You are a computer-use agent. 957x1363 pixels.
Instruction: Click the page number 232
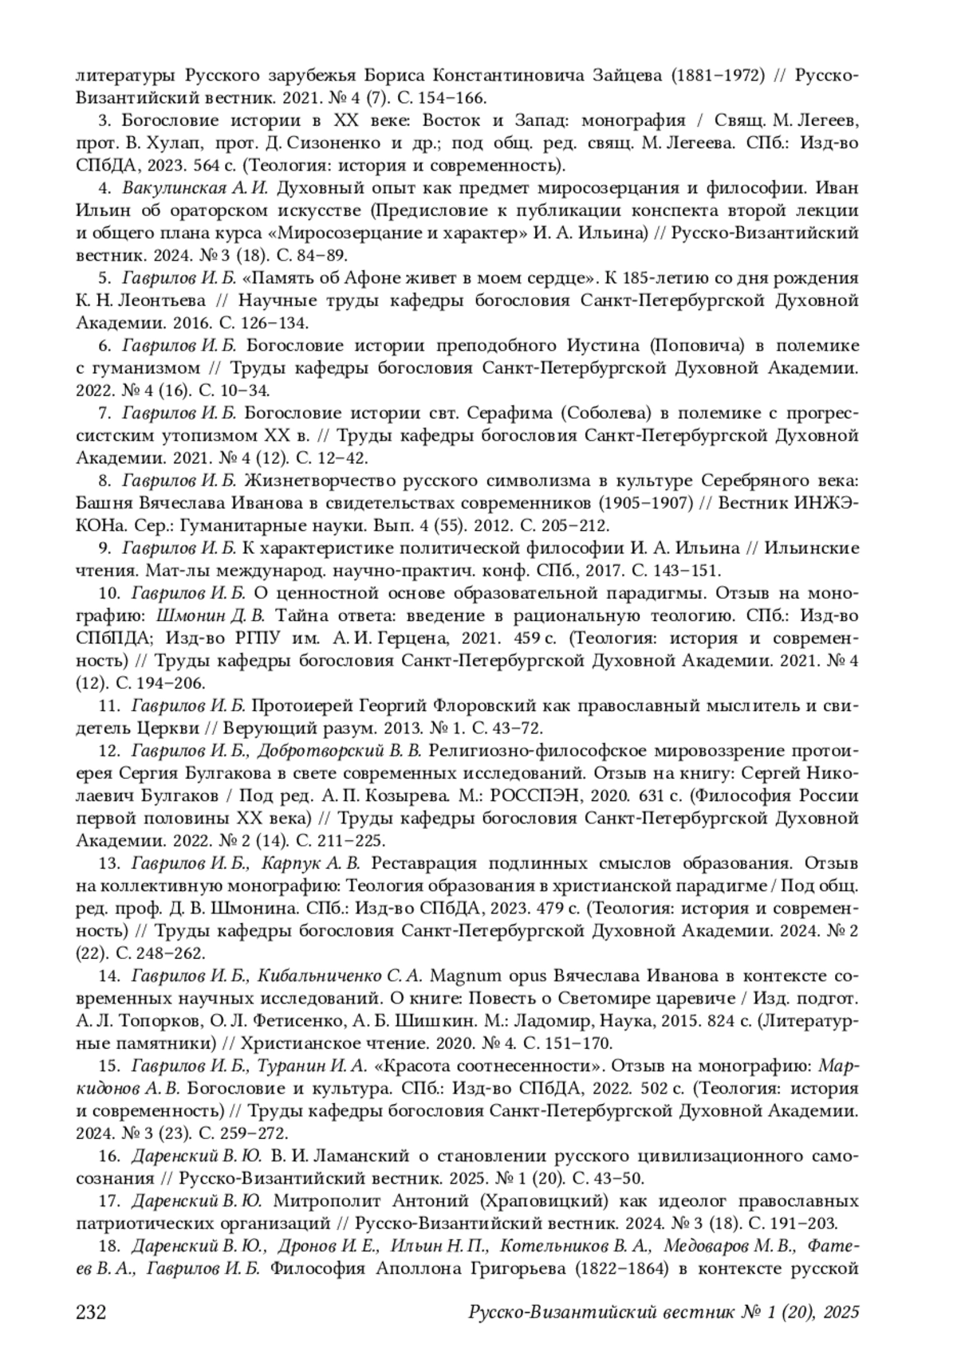tap(91, 1312)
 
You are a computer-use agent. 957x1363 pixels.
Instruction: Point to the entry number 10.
tap(108, 594)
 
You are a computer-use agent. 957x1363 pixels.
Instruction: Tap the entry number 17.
tap(108, 1200)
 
